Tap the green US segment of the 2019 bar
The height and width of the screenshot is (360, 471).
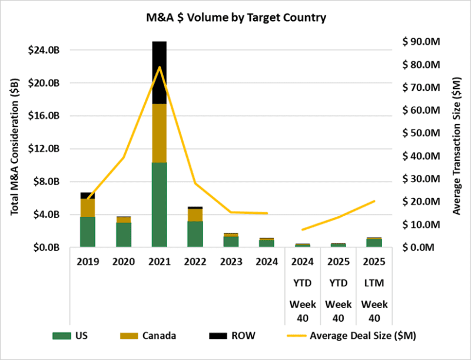[88, 232]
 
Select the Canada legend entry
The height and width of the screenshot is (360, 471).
[151, 336]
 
